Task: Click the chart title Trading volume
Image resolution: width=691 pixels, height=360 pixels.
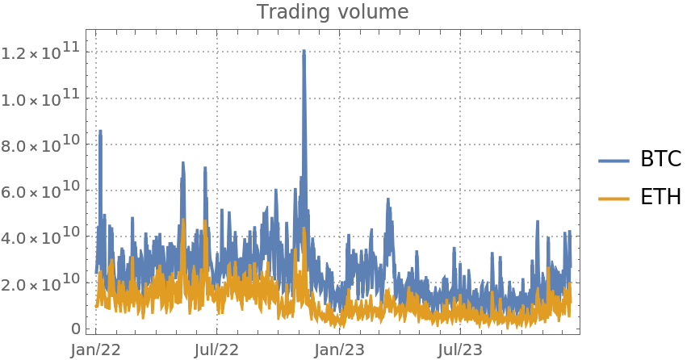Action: coord(333,12)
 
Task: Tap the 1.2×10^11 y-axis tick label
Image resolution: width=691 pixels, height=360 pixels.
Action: coord(41,52)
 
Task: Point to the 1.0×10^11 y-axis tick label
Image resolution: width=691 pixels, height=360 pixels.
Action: coord(41,99)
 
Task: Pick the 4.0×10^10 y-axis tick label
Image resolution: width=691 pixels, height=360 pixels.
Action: coord(41,239)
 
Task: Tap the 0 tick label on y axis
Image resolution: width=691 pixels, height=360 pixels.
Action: coord(76,329)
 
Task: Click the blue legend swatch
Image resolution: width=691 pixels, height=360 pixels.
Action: coord(614,161)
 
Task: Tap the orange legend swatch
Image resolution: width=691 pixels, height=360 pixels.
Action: coord(614,199)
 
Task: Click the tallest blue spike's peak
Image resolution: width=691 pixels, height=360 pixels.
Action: coord(304,51)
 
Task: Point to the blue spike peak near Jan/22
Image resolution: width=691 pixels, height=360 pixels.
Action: coord(100,131)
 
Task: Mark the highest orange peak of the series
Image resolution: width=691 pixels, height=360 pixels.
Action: coord(184,220)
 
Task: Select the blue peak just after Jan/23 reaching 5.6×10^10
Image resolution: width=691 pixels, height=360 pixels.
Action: coord(388,199)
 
